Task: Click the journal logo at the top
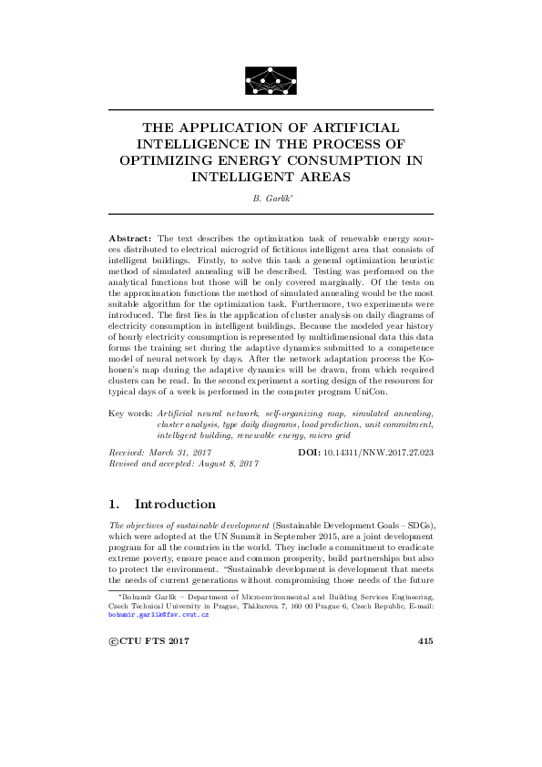pyautogui.click(x=271, y=81)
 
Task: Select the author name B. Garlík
pyautogui.click(x=270, y=198)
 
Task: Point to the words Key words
pyautogui.click(x=129, y=413)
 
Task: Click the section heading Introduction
pyautogui.click(x=175, y=504)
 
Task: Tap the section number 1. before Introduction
pyautogui.click(x=114, y=504)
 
